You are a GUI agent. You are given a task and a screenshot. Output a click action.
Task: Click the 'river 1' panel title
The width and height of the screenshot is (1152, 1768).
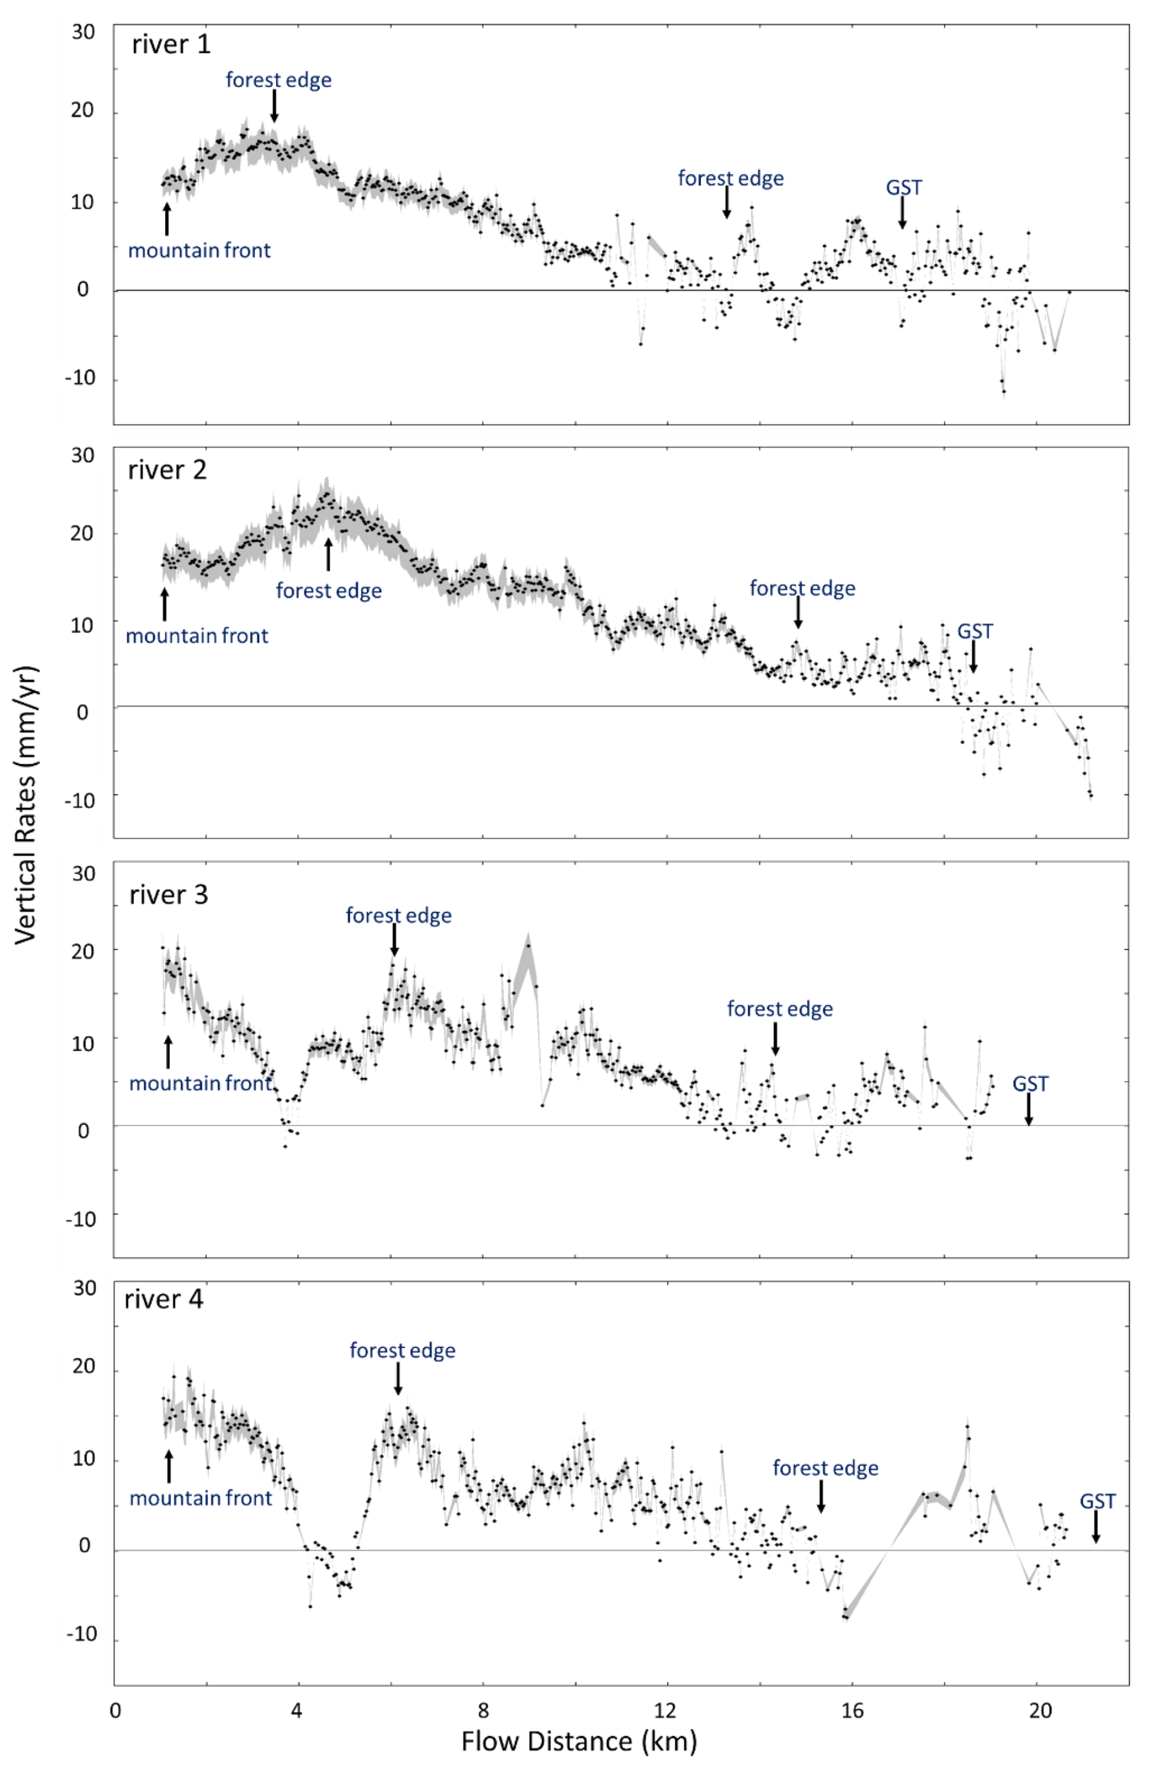pyautogui.click(x=171, y=44)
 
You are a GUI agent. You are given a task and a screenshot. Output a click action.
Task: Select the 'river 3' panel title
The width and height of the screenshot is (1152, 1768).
pyautogui.click(x=169, y=895)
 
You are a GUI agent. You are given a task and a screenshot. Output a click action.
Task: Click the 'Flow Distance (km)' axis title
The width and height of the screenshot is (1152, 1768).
pyautogui.click(x=578, y=1741)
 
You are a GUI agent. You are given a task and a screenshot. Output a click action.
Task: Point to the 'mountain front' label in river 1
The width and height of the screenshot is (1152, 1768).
pyautogui.click(x=199, y=250)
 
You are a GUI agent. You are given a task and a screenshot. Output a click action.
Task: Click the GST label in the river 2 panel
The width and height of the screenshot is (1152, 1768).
pyautogui.click(x=974, y=632)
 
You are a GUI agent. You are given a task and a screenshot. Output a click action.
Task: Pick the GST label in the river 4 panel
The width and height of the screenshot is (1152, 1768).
pyautogui.click(x=1097, y=1501)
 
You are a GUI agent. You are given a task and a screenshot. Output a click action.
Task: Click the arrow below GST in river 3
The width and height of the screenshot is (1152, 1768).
pyautogui.click(x=1029, y=1109)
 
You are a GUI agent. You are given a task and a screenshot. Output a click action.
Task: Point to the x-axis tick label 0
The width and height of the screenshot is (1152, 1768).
pyautogui.click(x=115, y=1710)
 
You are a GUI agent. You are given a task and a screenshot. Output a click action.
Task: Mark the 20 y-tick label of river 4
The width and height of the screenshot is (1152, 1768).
pyautogui.click(x=84, y=1365)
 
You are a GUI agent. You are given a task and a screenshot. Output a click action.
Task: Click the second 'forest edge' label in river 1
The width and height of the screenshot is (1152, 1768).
pyautogui.click(x=730, y=178)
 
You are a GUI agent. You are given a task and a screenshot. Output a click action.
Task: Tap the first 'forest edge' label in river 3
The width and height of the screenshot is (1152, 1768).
pyautogui.click(x=398, y=915)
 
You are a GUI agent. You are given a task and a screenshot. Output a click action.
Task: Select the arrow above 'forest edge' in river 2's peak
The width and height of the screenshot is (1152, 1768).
pyautogui.click(x=328, y=554)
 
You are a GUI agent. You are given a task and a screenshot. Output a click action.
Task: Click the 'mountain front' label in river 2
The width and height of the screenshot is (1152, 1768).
pyautogui.click(x=197, y=636)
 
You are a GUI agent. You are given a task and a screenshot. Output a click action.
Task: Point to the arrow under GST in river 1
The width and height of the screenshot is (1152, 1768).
pyautogui.click(x=902, y=213)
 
